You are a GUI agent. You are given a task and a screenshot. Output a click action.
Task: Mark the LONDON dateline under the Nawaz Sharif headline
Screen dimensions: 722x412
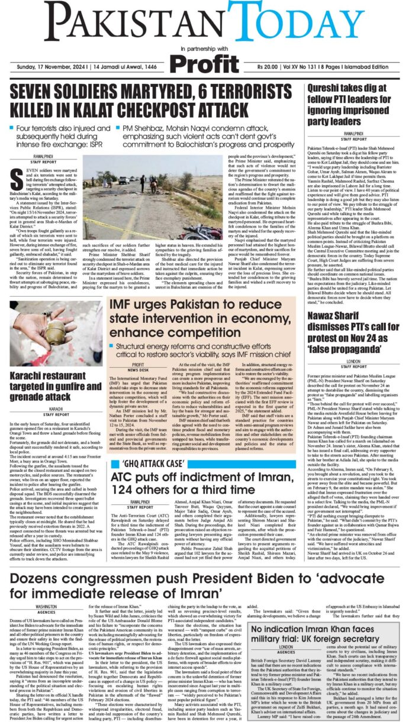pos(354,361)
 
